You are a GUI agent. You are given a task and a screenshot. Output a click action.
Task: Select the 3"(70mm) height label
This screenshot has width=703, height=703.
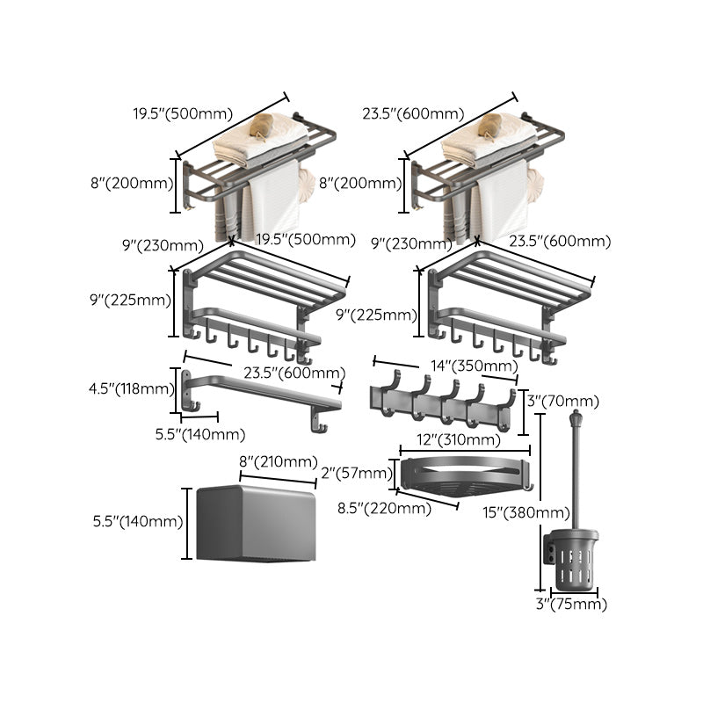pyautogui.click(x=564, y=401)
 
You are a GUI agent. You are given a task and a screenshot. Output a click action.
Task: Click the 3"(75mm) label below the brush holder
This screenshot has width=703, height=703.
pyautogui.click(x=572, y=605)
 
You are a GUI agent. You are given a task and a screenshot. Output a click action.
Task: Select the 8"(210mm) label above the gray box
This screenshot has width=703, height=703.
pyautogui.click(x=279, y=461)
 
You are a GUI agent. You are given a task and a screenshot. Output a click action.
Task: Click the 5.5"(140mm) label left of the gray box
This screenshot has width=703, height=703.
pyautogui.click(x=138, y=521)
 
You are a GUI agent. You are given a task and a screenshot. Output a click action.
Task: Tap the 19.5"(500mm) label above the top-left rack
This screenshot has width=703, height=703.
pyautogui.click(x=183, y=113)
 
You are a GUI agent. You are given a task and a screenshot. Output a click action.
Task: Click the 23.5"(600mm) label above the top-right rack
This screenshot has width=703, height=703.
pyautogui.click(x=413, y=113)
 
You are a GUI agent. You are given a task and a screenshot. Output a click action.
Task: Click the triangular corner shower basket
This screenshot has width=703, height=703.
pyautogui.click(x=463, y=475)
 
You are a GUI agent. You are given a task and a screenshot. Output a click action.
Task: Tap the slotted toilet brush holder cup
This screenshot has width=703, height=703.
pyautogui.click(x=576, y=559)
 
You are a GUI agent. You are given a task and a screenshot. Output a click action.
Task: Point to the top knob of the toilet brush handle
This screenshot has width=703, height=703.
pyautogui.click(x=576, y=416)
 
